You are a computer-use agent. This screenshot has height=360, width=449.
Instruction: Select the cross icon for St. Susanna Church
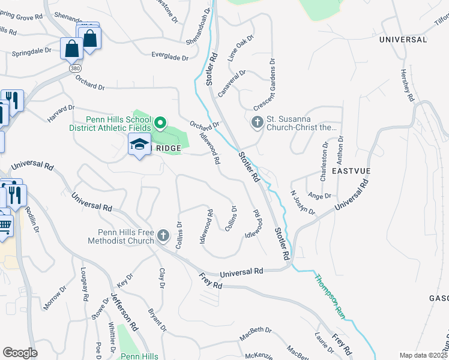tap(257, 123)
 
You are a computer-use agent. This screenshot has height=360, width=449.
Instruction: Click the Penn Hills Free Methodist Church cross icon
tap(164, 237)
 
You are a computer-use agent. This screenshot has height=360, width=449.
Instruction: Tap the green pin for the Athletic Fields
tap(160, 124)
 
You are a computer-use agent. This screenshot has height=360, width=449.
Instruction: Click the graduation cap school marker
tap(139, 145)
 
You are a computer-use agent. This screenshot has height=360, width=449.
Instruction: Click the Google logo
tap(20, 353)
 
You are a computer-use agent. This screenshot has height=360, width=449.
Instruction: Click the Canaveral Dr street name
tap(232, 83)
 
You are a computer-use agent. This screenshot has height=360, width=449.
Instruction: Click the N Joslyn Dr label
tap(303, 202)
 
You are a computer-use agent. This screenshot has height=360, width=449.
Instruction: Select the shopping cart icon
tap(5, 226)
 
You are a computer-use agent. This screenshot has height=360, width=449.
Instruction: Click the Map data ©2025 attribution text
tap(423, 355)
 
